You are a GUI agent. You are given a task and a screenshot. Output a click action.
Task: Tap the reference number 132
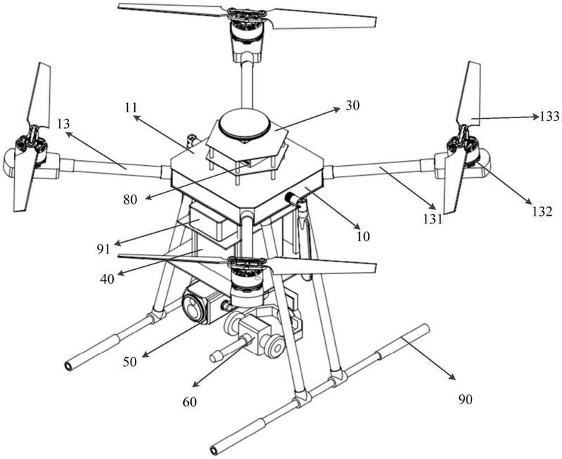pyautogui.click(x=542, y=212)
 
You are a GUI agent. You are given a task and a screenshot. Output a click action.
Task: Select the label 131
pyautogui.click(x=433, y=219)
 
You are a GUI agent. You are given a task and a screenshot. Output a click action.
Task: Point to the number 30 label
pyautogui.click(x=353, y=105)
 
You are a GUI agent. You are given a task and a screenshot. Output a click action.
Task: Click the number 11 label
pyautogui.click(x=131, y=108)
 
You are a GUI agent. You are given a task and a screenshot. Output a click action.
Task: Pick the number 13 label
pyautogui.click(x=63, y=124)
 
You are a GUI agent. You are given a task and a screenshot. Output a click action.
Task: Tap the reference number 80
pyautogui.click(x=130, y=200)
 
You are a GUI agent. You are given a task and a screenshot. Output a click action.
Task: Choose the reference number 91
pyautogui.click(x=103, y=249)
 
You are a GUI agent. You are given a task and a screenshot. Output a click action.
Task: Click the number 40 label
pyautogui.click(x=107, y=278)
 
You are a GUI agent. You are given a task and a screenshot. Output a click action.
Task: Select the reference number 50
pyautogui.click(x=130, y=362)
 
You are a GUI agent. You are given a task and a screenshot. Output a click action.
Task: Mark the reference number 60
pyautogui.click(x=190, y=402)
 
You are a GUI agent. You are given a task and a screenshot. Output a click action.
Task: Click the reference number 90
pyautogui.click(x=466, y=399)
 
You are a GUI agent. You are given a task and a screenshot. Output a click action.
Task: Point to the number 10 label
pyautogui.click(x=363, y=236)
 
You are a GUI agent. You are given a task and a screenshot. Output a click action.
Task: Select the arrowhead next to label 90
pyautogui.click(x=452, y=377)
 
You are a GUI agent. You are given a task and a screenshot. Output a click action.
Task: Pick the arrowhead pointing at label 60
pyautogui.click(x=196, y=384)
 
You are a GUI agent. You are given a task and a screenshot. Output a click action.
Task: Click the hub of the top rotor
pyautogui.click(x=247, y=15)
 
